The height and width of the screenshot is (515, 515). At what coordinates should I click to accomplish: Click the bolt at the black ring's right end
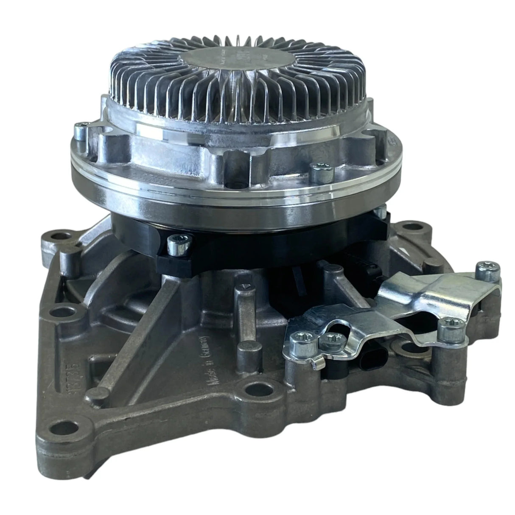[381, 209]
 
